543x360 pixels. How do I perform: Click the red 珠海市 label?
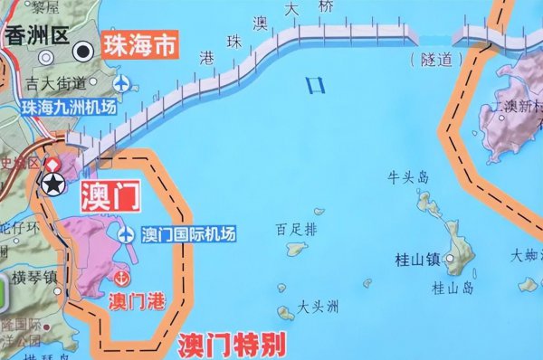[138, 45]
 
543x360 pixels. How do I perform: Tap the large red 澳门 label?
[108, 197]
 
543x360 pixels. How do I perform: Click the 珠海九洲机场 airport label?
[69, 107]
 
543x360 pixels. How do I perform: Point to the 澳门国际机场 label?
[188, 234]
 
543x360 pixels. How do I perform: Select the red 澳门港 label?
[137, 299]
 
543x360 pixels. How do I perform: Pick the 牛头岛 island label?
[407, 177]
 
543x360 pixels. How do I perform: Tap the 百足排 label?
[297, 228]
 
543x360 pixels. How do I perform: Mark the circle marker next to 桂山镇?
[448, 260]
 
